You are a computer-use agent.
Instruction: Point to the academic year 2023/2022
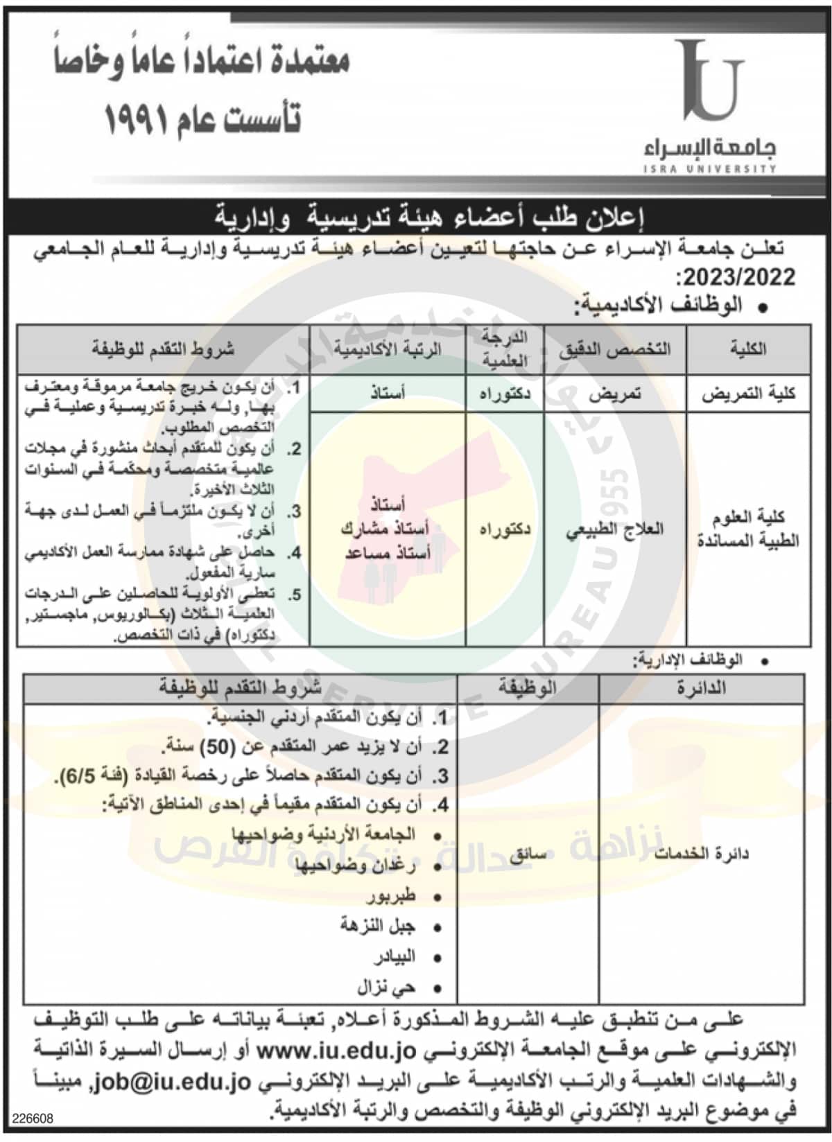click(739, 278)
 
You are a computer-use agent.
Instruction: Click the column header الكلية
click(747, 349)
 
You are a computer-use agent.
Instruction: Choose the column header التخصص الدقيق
click(615, 349)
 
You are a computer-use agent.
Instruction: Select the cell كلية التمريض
click(747, 394)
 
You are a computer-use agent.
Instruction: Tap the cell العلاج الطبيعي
click(615, 530)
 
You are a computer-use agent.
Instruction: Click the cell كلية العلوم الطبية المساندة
click(747, 529)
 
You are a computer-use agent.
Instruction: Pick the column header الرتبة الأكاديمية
click(387, 349)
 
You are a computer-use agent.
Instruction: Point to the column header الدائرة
click(701, 688)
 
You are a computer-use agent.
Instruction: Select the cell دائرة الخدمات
click(702, 854)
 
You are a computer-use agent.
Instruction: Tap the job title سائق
click(528, 854)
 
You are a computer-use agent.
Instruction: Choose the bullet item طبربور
click(391, 897)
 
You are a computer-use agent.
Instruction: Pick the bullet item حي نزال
click(386, 987)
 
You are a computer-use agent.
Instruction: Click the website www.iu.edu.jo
click(336, 1051)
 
